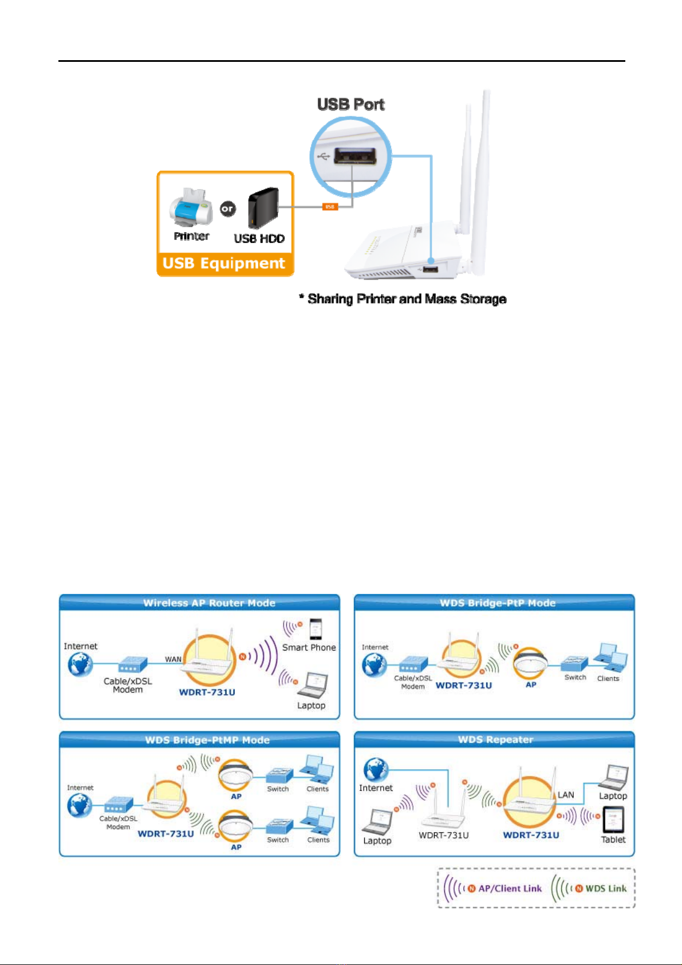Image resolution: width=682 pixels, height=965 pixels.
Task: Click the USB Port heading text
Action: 350,104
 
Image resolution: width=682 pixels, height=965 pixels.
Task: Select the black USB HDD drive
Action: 263,207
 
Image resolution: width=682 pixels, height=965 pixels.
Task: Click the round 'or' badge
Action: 227,209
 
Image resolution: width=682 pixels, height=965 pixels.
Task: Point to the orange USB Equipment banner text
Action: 223,263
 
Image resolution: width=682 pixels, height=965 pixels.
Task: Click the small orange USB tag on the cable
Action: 330,207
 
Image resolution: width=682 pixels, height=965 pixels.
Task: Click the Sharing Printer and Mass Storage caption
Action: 403,299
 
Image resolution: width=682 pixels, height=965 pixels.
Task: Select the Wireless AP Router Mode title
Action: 209,603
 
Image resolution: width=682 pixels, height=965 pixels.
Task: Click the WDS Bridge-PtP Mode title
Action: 498,603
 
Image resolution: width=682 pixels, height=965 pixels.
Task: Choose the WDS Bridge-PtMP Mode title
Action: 207,740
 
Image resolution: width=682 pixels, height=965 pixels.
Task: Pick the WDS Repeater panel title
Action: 495,740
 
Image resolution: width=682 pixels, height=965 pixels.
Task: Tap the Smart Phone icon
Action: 316,629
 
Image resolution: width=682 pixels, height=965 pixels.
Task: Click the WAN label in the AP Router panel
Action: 173,660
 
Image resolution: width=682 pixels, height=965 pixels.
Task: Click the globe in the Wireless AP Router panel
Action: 80,664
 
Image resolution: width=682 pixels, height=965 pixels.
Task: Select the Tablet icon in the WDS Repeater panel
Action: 613,820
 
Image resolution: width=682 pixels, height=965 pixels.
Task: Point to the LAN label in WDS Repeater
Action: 566,795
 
